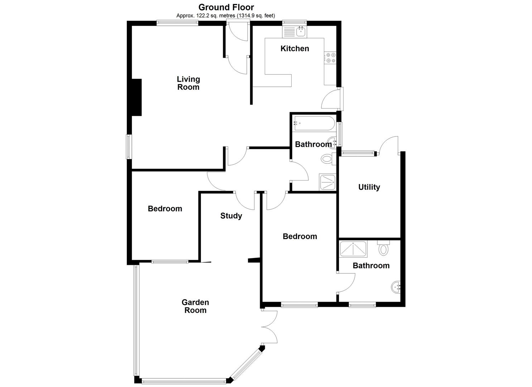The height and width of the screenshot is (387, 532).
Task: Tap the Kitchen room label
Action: click(294, 48)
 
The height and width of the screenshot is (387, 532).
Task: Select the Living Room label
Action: click(188, 83)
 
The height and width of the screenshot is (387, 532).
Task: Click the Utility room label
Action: click(369, 187)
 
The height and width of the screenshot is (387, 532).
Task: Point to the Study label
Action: click(231, 216)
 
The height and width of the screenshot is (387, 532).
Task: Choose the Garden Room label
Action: click(195, 306)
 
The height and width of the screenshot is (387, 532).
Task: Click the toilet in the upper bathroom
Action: click(327, 158)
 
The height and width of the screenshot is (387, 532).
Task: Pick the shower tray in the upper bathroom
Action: click(327, 182)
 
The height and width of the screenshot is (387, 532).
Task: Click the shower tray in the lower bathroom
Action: click(353, 249)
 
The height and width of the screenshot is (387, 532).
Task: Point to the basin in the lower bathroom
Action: click(396, 287)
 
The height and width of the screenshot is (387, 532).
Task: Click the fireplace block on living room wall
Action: click(136, 97)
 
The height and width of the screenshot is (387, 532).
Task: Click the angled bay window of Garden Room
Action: click(246, 364)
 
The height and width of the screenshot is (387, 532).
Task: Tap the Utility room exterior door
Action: click(388, 145)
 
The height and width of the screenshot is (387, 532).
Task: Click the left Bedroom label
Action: click(165, 209)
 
